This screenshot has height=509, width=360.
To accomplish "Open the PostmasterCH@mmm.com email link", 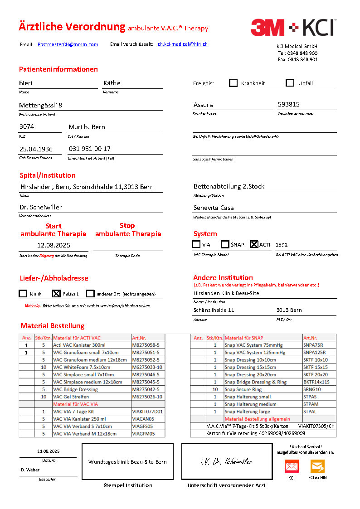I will [x=68, y=44].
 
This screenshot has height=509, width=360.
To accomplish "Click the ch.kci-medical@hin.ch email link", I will [x=183, y=44].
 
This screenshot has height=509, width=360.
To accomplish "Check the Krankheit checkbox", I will [x=233, y=83].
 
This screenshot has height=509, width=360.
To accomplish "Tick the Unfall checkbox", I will [x=290, y=83].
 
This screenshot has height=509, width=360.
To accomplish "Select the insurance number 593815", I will [x=289, y=104].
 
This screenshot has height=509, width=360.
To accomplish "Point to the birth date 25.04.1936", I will [x=36, y=149].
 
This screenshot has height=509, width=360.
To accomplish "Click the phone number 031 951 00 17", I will [x=90, y=149].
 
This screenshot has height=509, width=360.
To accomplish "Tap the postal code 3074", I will [x=27, y=126].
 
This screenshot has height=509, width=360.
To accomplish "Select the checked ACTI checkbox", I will [x=254, y=244].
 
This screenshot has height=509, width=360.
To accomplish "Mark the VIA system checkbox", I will [x=196, y=244].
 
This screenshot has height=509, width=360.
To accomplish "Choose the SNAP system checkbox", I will [x=225, y=244].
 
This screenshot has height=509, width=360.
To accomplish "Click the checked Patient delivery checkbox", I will [x=56, y=294].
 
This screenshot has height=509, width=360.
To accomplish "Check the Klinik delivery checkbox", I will [x=23, y=294].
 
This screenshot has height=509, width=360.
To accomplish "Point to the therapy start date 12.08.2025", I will [x=54, y=245].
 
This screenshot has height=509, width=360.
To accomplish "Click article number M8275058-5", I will [x=146, y=345].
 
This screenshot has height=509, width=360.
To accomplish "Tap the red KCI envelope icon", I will [x=292, y=466].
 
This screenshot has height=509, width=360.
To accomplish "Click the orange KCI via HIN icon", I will [x=317, y=466].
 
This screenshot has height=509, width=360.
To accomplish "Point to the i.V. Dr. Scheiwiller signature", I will [x=226, y=461].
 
